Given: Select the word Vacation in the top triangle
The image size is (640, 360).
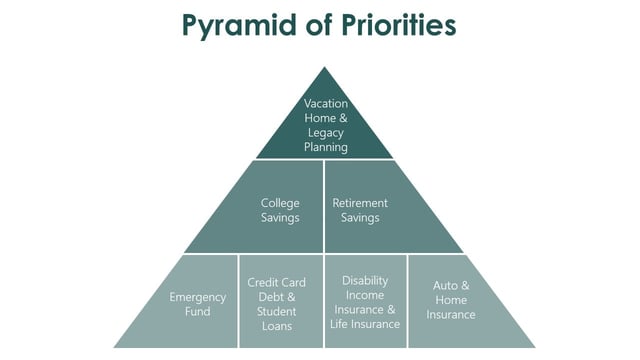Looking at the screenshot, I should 326,104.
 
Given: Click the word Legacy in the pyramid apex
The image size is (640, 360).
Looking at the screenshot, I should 326,132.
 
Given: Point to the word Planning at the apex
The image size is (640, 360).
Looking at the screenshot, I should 326,146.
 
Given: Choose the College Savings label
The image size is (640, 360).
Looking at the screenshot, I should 280,210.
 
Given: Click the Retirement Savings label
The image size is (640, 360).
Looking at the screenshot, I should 360,210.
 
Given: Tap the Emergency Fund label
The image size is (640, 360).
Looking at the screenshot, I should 198,304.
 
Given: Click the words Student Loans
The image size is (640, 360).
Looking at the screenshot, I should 277,318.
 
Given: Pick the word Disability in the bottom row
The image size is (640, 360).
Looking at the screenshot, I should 364,281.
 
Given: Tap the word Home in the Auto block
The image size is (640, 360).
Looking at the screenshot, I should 451,300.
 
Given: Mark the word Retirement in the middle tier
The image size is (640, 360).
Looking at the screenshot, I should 360,203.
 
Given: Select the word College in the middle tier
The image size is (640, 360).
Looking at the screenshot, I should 280,203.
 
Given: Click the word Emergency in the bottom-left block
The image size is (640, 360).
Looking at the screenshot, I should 198,297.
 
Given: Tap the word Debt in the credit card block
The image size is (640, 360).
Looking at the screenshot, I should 266,297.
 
